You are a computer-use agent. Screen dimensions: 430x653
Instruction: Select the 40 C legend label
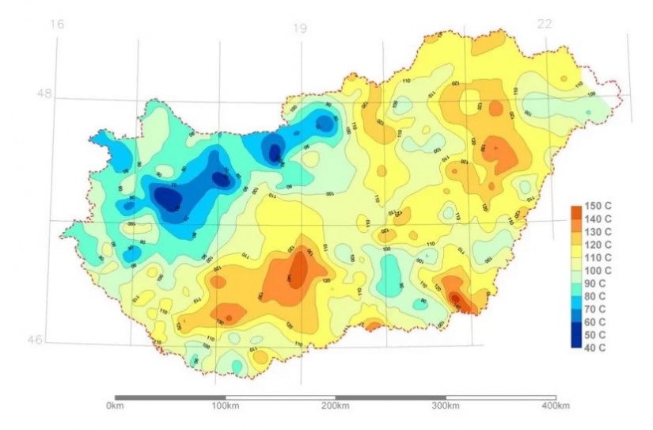[x=596, y=347]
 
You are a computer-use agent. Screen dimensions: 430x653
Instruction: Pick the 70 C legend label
[x=596, y=309]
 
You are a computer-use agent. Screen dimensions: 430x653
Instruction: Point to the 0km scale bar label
[x=114, y=405]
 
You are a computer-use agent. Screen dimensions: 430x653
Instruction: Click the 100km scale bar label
[x=225, y=405]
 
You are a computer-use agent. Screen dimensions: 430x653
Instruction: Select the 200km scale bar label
[x=335, y=405]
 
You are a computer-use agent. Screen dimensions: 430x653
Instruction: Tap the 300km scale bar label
[x=445, y=405]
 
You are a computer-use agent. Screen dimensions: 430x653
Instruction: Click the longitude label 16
[x=55, y=25]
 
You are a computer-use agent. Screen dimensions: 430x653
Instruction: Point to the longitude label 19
[x=299, y=29]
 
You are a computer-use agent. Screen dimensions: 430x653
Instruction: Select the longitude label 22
[x=544, y=24]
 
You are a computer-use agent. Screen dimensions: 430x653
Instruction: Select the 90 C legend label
[x=596, y=283]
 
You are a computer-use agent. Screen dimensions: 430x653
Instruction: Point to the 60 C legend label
[x=596, y=322]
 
